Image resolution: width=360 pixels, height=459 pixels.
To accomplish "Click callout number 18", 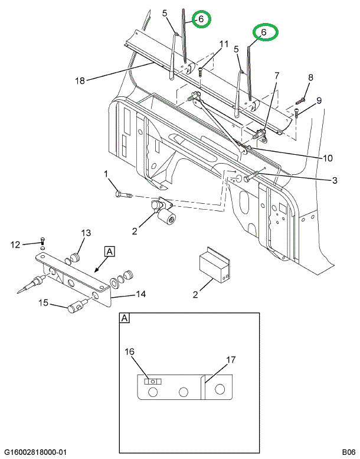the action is [80, 80].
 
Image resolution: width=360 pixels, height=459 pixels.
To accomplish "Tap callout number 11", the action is [224, 44].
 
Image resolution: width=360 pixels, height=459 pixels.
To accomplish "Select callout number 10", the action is [328, 158].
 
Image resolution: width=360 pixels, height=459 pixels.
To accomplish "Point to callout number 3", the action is [335, 180].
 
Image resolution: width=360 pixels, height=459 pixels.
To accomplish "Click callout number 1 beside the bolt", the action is [106, 174].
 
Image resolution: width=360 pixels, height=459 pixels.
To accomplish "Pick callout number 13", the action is [86, 233].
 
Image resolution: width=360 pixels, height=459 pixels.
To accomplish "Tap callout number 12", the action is [15, 245].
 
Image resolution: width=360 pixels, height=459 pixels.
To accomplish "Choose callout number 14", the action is [140, 294].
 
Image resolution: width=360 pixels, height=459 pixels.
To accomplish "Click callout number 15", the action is [43, 302].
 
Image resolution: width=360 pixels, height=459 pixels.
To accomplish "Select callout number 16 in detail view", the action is [130, 351].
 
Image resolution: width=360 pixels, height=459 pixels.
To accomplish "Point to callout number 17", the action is [231, 360].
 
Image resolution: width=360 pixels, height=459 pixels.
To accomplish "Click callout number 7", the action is [277, 76].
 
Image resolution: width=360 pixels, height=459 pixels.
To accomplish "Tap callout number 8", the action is [310, 77].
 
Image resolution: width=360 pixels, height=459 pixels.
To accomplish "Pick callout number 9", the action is [319, 100].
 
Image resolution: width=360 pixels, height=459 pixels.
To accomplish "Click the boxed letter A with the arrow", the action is [109, 252].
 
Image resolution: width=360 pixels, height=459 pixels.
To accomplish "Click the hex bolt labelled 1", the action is [125, 194].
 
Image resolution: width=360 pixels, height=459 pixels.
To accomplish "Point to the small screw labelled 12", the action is [42, 241].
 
